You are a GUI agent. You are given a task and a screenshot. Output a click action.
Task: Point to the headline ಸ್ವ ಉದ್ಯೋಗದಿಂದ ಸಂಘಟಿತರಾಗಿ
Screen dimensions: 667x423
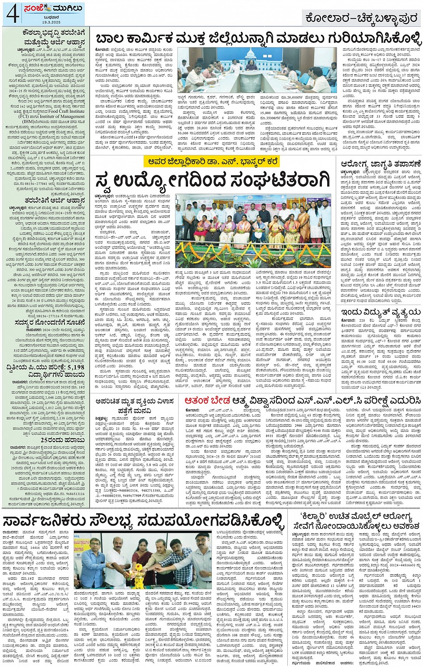click(213, 181)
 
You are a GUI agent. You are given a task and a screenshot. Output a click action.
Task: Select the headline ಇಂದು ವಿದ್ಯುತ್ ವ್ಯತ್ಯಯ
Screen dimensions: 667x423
click(380, 311)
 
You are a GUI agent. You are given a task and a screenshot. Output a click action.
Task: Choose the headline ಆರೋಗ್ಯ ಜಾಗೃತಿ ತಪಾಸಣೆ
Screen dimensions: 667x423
click(380, 164)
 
